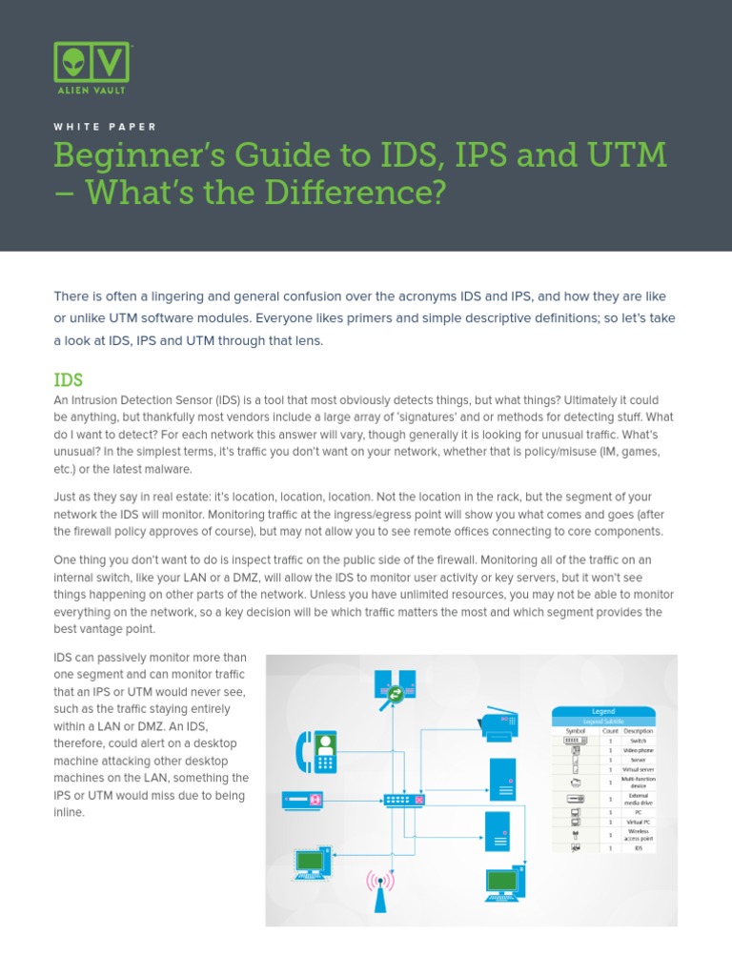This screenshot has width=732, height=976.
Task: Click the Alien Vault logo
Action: [x=91, y=67]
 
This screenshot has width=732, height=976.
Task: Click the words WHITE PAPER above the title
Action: [x=105, y=126]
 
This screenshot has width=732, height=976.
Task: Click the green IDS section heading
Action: [x=70, y=379]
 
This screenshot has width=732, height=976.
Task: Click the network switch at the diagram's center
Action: [x=404, y=799]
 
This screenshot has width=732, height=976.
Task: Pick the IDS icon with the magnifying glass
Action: [x=395, y=687]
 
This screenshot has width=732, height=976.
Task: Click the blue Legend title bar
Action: [x=603, y=711]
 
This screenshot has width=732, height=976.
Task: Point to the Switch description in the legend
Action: [x=638, y=740]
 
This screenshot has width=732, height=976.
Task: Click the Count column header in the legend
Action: [x=610, y=730]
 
